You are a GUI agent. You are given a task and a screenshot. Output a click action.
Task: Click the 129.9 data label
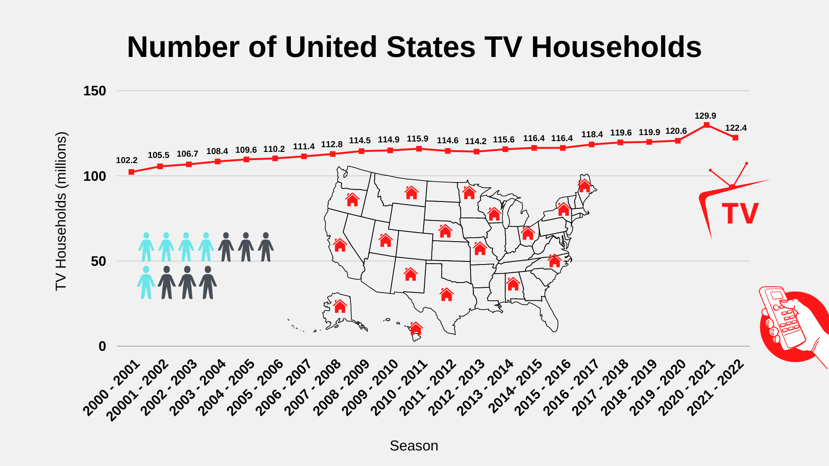pyautogui.click(x=705, y=116)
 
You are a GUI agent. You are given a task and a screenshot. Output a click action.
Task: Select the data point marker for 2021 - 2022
pyautogui.click(x=735, y=138)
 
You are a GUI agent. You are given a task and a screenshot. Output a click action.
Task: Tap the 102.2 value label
pyautogui.click(x=127, y=160)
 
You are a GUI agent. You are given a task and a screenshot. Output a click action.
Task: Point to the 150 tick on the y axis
pyautogui.click(x=95, y=91)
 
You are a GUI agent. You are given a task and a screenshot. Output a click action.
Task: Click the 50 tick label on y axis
pyautogui.click(x=98, y=261)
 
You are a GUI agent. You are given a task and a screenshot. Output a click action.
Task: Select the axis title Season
pyautogui.click(x=414, y=446)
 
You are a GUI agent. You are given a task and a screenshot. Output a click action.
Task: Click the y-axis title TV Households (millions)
pyautogui.click(x=61, y=211)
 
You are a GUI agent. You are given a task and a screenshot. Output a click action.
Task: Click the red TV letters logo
pyautogui.click(x=740, y=214)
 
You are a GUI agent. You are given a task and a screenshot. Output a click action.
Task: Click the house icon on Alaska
pyautogui.click(x=340, y=306)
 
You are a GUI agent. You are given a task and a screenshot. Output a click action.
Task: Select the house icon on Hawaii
pyautogui.click(x=415, y=328)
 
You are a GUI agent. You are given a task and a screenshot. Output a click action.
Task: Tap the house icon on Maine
pyautogui.click(x=584, y=186)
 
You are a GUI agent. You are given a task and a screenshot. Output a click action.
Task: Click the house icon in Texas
pyautogui.click(x=446, y=294)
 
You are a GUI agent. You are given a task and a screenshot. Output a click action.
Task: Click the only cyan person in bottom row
pyautogui.click(x=146, y=282)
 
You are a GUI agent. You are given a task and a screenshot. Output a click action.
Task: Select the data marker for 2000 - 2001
pyautogui.click(x=131, y=172)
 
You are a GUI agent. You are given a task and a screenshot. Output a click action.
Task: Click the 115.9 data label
pyautogui.click(x=417, y=139)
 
